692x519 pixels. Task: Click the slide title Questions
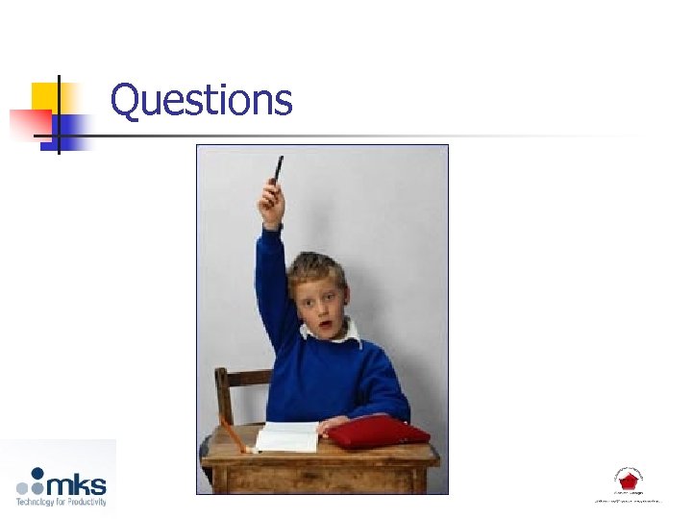(x=201, y=100)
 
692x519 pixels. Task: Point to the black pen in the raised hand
(x=278, y=170)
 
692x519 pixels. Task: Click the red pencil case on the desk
(x=379, y=432)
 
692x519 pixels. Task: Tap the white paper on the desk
(x=287, y=436)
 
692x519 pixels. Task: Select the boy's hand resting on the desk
(x=333, y=424)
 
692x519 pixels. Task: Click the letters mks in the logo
(x=81, y=482)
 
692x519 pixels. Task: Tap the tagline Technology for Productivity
(x=61, y=501)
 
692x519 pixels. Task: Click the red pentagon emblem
(x=629, y=481)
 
